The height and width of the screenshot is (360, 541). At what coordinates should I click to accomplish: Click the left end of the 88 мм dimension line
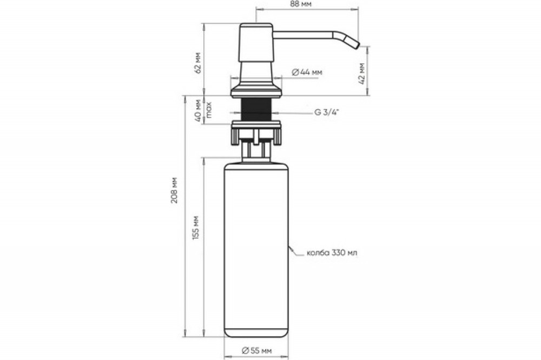(256, 10)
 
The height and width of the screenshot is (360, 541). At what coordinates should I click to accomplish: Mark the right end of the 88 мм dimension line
(358, 10)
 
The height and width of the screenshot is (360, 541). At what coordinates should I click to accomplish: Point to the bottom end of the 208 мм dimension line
(186, 336)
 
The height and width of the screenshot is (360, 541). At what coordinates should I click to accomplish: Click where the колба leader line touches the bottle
(288, 246)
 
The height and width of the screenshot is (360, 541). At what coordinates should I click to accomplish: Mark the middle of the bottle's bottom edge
(256, 337)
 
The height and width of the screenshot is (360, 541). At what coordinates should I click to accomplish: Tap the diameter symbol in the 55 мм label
(245, 351)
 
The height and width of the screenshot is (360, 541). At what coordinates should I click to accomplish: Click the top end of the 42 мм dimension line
(368, 46)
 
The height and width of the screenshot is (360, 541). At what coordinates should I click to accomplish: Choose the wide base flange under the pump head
(256, 91)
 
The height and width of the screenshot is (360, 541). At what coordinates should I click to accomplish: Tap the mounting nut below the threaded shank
(256, 132)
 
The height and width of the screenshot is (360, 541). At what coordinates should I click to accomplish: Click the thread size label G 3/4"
(327, 112)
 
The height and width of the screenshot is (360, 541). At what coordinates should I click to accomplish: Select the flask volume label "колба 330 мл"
(332, 253)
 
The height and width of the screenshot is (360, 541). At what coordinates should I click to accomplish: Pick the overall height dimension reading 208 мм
(174, 190)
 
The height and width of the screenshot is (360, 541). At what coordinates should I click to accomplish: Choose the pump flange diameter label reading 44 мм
(307, 72)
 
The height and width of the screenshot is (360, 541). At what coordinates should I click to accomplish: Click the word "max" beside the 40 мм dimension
(208, 110)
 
